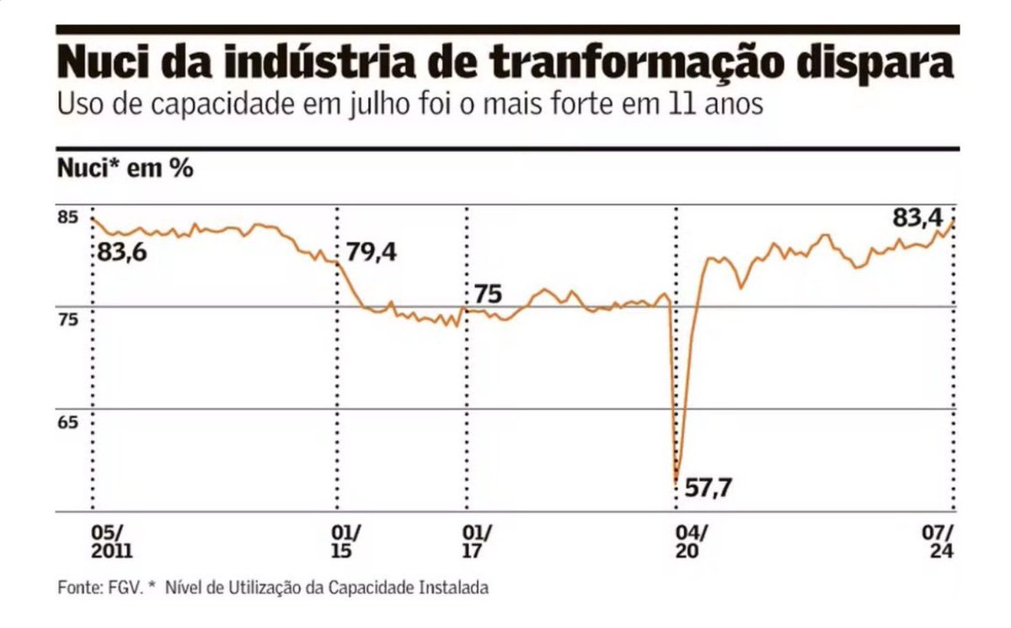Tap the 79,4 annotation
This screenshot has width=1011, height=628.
tap(371, 252)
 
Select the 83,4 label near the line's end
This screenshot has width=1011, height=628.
tap(917, 218)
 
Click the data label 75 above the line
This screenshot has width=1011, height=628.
tap(488, 294)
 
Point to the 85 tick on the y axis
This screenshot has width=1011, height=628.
tap(67, 217)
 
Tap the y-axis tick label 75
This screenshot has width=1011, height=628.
tap(67, 319)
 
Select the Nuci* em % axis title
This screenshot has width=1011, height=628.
tap(125, 168)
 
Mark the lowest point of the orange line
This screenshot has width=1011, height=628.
tap(677, 481)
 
